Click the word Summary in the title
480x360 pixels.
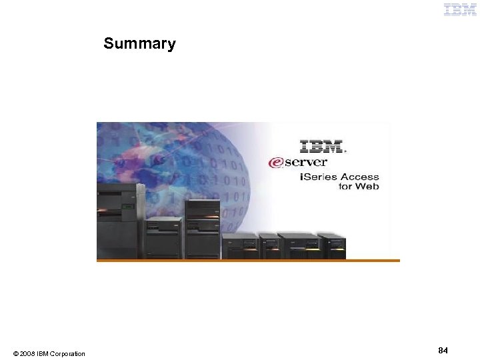click(x=139, y=44)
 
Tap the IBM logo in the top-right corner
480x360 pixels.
click(x=460, y=9)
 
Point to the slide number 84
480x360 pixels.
click(x=443, y=350)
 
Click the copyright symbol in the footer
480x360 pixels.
click(x=15, y=353)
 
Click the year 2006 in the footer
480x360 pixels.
click(x=28, y=353)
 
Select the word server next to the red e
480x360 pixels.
click(x=307, y=162)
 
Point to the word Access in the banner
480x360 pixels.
click(x=360, y=177)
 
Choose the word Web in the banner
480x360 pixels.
click(x=367, y=187)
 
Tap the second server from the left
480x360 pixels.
click(x=163, y=237)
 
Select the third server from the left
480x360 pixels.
click(x=202, y=229)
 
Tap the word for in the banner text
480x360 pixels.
click(x=345, y=187)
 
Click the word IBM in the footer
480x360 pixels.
click(x=43, y=353)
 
